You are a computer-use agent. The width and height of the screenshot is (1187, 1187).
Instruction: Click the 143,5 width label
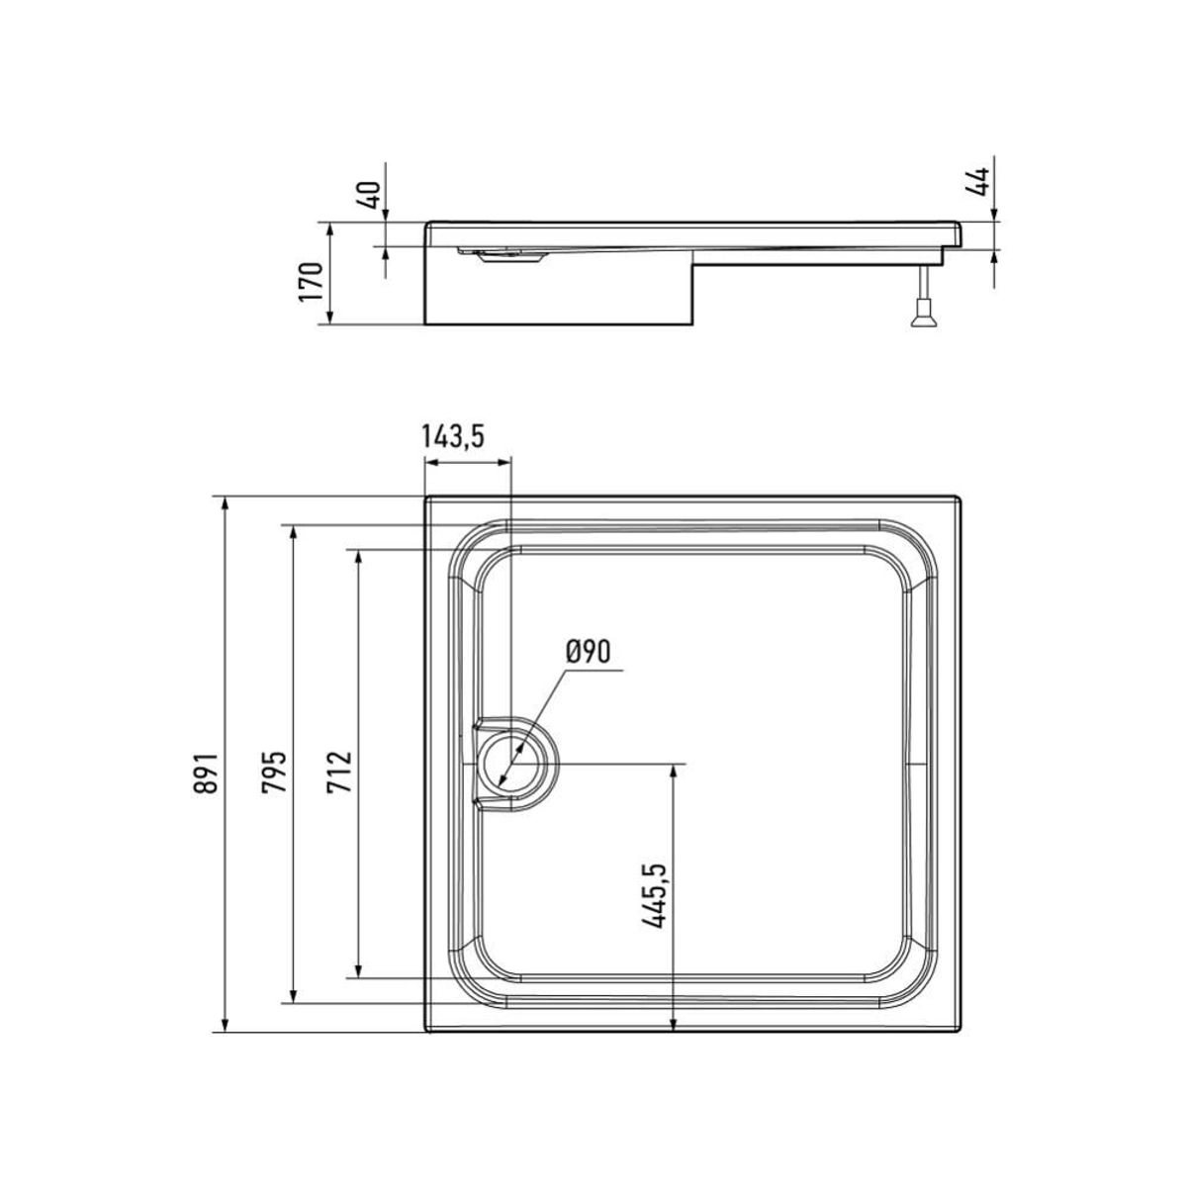point(453,436)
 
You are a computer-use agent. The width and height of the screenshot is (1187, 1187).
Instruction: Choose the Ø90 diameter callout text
point(589,651)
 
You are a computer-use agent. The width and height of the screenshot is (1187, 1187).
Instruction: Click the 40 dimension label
point(371,195)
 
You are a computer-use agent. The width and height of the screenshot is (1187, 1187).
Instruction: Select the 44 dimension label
point(977,182)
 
